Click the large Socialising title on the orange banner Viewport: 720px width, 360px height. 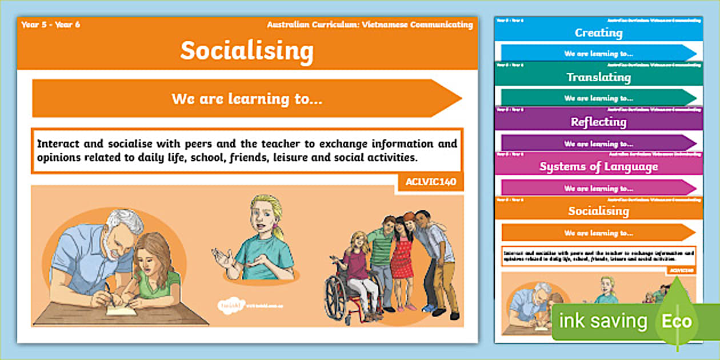[x=247, y=51]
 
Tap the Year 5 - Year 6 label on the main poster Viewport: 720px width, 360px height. [x=50, y=25]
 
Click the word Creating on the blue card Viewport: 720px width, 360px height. [x=598, y=33]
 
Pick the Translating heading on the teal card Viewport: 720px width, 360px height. [x=598, y=77]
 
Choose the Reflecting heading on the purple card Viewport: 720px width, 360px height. [x=598, y=122]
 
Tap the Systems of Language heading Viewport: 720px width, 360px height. [x=598, y=166]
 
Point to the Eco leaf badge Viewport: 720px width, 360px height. [x=677, y=321]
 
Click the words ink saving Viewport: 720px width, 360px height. [x=603, y=321]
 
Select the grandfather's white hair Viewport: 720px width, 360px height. [x=127, y=219]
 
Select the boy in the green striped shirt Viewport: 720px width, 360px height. [x=382, y=251]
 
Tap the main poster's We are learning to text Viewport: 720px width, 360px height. [x=247, y=99]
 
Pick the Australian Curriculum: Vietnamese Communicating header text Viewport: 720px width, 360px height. [x=370, y=25]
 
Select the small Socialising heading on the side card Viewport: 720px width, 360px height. [x=598, y=211]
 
